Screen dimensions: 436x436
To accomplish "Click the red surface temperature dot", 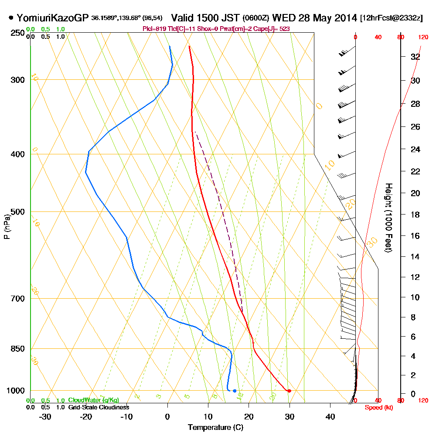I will tap(289, 391).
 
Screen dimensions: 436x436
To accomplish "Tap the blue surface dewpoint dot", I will tap(235, 391).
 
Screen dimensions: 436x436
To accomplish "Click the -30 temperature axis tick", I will tap(45, 416).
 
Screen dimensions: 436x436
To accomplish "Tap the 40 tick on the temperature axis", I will tap(330, 416).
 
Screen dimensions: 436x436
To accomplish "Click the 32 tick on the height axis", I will tap(416, 57).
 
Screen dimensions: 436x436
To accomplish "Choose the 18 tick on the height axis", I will tap(416, 215).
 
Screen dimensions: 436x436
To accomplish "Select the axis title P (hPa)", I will tap(7, 227).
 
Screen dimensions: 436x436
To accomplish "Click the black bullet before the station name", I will tap(11, 18).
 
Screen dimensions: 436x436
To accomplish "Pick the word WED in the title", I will tap(283, 18).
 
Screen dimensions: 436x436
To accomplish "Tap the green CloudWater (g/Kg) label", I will tap(93, 400).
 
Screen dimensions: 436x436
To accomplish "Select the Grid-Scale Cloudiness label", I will tap(98, 407).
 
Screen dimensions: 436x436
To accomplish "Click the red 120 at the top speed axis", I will tap(423, 37).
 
